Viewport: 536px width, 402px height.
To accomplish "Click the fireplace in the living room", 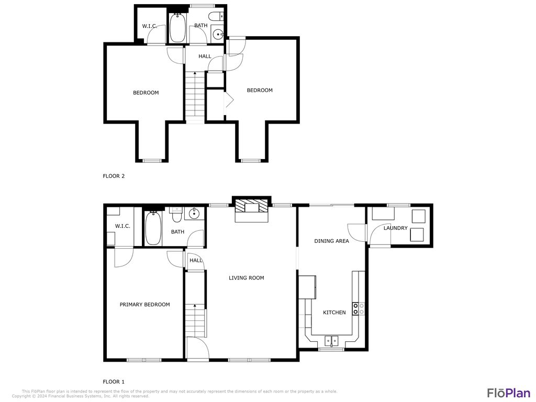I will point(252,207).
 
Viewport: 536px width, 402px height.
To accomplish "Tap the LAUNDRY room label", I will point(395,228).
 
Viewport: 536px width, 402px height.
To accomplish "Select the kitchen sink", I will point(332,341).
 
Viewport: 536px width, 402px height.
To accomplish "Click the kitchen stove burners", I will point(359,309).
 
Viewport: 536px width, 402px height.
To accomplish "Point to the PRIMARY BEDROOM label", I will point(144,305).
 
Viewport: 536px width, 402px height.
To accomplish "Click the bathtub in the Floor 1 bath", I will point(153,229).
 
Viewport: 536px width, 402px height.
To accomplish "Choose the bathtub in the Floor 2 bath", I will point(177,28).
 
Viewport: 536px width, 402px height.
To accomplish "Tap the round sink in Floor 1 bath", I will point(194,214).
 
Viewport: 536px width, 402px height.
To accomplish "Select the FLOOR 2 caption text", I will point(114,176).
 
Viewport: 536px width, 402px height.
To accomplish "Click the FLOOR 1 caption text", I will point(114,382).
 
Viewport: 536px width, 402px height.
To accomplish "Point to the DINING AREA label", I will point(331,241).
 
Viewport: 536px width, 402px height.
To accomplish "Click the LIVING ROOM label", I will point(246,278).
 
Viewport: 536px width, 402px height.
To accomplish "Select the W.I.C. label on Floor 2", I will point(150,26).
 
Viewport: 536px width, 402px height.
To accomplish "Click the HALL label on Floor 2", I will point(205,56).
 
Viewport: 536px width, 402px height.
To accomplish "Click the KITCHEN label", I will point(334,312).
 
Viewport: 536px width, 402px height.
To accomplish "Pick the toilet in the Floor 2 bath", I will point(219,16).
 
